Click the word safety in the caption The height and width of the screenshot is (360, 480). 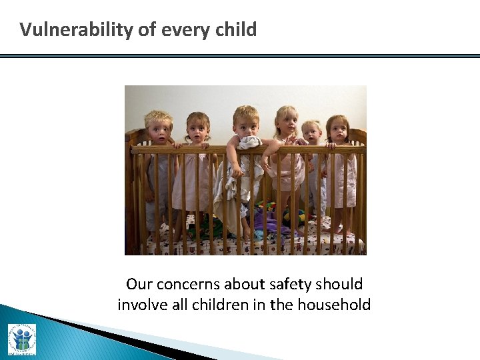point(292,285)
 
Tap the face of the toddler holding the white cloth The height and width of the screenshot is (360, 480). point(246,124)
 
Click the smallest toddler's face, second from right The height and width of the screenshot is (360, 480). point(311,133)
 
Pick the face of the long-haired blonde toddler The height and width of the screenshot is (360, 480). point(287,123)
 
